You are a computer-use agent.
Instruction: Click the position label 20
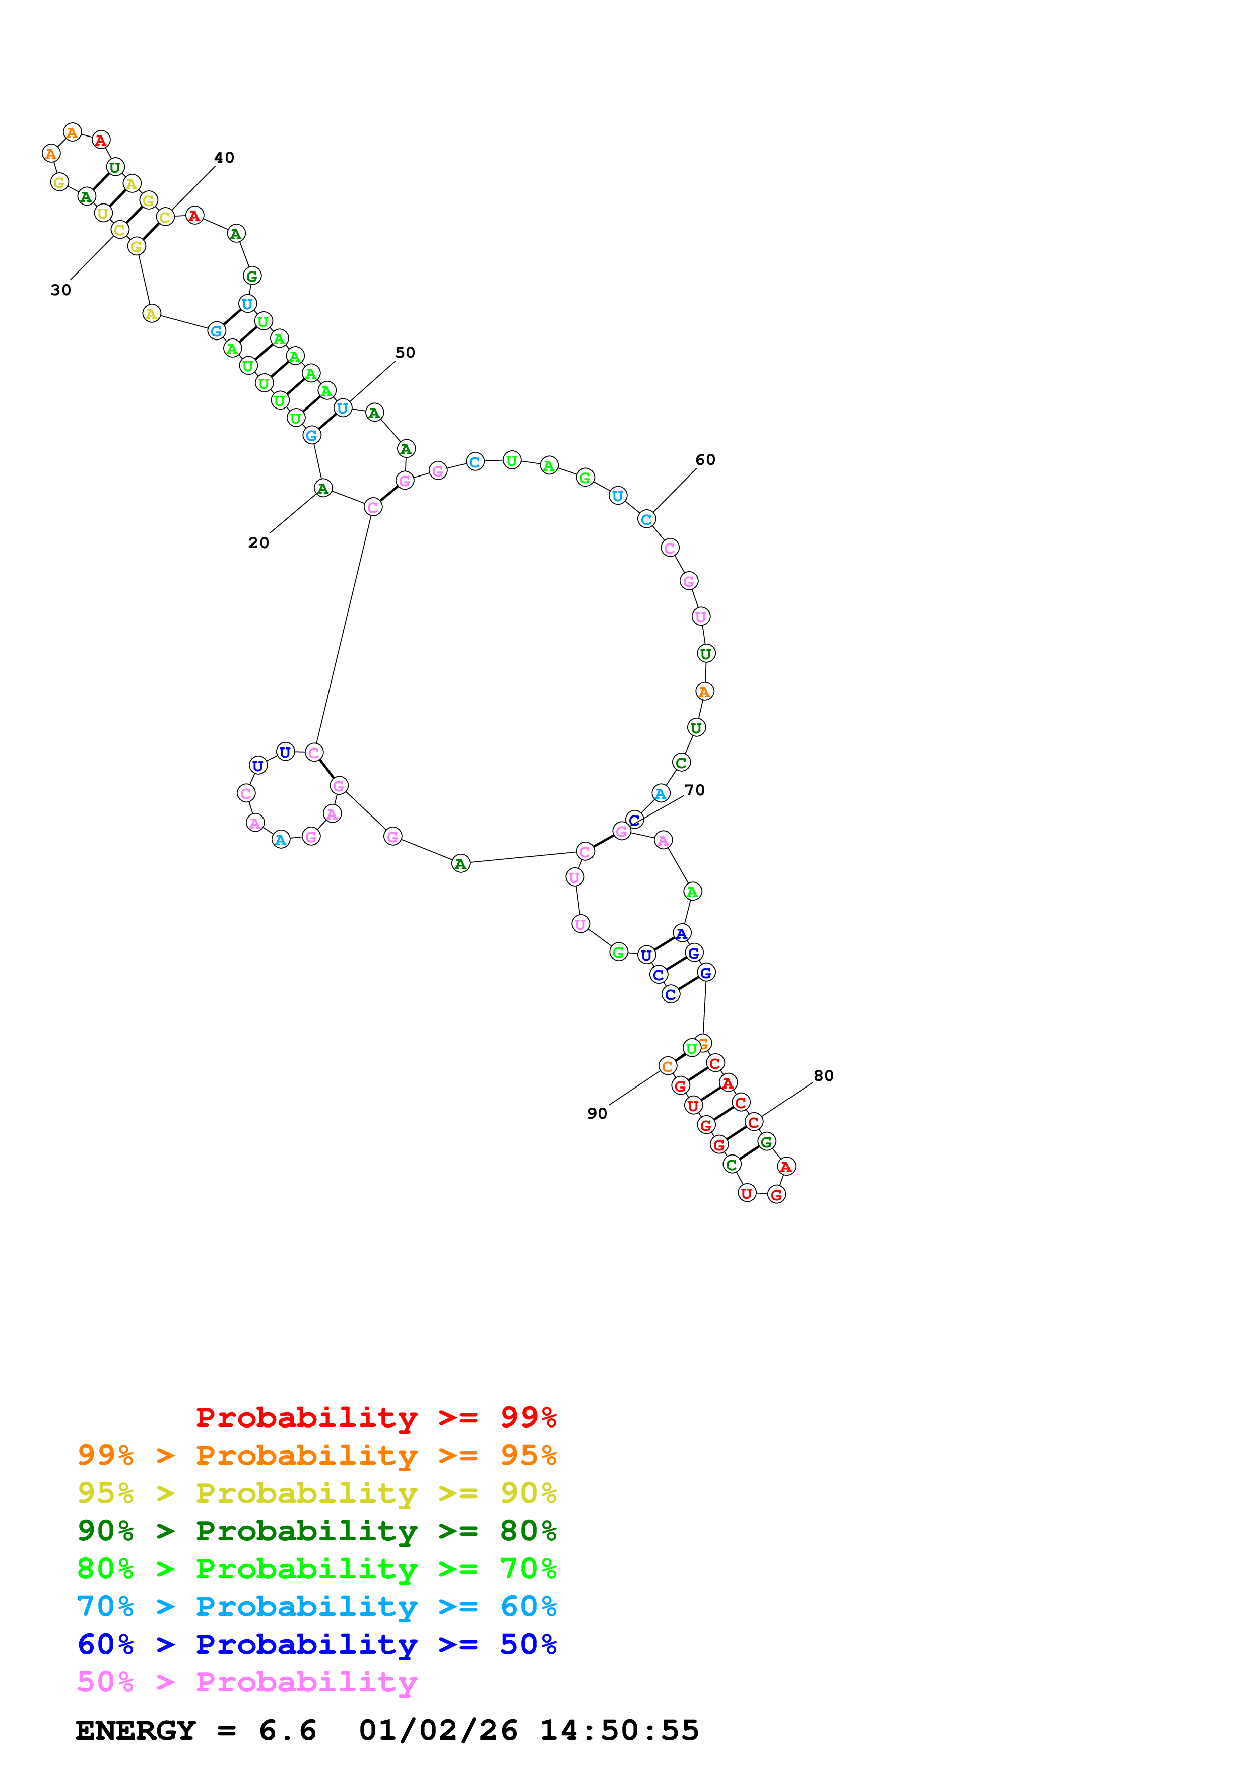[258, 542]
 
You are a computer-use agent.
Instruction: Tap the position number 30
[61, 290]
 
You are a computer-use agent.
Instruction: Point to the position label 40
[224, 158]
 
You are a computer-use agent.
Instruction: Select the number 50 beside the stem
[405, 353]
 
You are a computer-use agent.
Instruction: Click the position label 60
[705, 460]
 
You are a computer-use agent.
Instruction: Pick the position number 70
[694, 790]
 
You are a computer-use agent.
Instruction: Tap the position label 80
[823, 1076]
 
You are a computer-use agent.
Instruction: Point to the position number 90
[597, 1114]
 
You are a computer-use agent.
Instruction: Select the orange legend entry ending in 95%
[316, 1455]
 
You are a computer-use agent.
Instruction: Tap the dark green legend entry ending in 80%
[316, 1531]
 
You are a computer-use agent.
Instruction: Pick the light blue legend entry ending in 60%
[316, 1606]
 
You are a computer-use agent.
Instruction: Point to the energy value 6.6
[287, 1731]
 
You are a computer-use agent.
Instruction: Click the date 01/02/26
[438, 1731]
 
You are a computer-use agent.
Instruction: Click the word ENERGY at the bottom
[136, 1731]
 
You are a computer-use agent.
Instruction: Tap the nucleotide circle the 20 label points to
[323, 488]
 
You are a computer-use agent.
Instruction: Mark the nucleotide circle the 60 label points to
[646, 519]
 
